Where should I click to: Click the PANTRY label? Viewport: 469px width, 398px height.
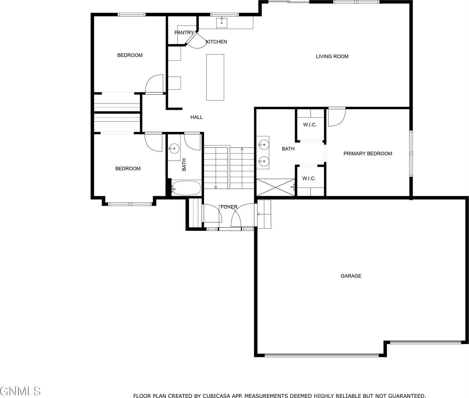click(x=184, y=33)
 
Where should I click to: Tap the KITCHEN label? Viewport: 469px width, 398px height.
click(x=216, y=42)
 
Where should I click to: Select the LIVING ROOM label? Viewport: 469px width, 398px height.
click(x=332, y=56)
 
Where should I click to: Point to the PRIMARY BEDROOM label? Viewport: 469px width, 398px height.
click(x=367, y=154)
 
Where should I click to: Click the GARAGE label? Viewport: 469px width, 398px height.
click(x=351, y=276)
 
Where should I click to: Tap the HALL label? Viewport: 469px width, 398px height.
click(x=196, y=117)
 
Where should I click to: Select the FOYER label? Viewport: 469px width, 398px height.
click(x=229, y=207)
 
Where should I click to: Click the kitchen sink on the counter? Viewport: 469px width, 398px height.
click(x=222, y=23)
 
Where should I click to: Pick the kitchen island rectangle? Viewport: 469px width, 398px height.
click(x=215, y=77)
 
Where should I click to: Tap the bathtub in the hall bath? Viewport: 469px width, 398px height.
click(x=187, y=188)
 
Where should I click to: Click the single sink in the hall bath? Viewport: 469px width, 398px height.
click(x=174, y=149)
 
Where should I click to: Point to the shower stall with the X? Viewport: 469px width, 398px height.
click(x=275, y=187)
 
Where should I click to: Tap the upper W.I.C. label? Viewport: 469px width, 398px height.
click(x=310, y=125)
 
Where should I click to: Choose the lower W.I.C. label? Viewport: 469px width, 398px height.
click(x=309, y=179)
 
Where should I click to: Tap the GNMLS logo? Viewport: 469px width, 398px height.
click(x=20, y=391)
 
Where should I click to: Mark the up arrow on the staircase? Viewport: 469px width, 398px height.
click(x=242, y=149)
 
